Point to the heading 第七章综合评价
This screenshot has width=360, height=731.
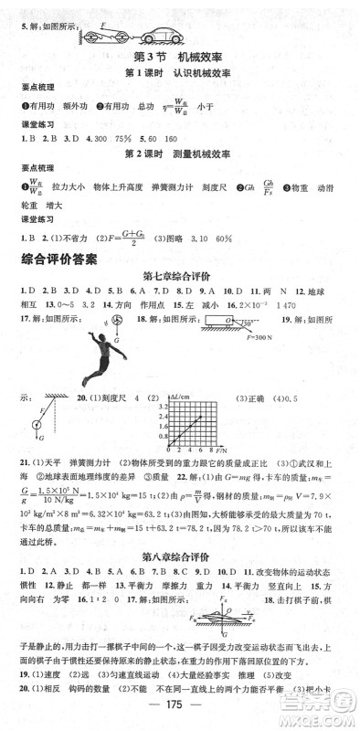[179, 276]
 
